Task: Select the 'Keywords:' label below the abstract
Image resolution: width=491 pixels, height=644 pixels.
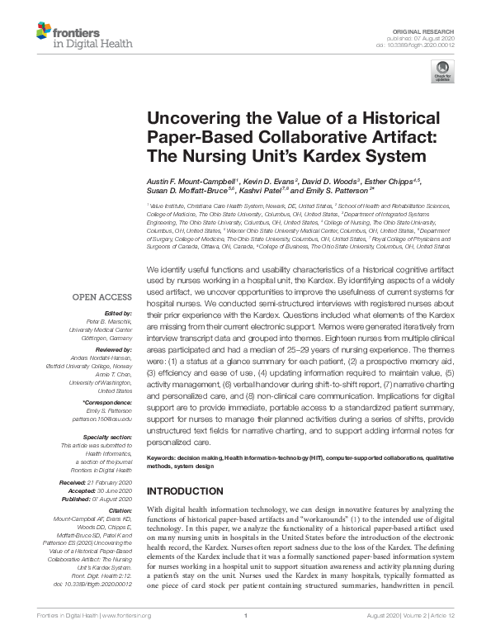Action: click(x=165, y=457)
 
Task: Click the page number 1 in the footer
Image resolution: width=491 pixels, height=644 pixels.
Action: click(x=246, y=636)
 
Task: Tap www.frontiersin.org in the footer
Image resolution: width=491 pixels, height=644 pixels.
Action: click(x=125, y=636)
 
